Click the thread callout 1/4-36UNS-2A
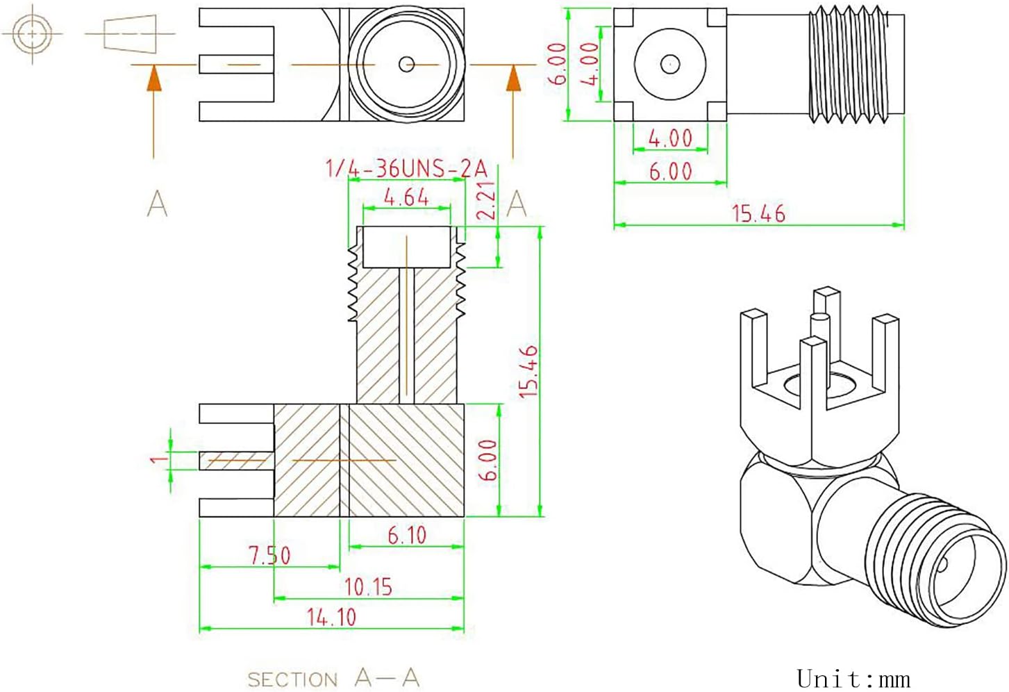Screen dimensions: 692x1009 tap(406, 169)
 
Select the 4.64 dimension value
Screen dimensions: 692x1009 tap(406, 197)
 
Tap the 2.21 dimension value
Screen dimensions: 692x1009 tap(487, 201)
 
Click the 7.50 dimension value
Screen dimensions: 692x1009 tap(269, 555)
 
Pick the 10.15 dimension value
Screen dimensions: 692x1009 tap(368, 587)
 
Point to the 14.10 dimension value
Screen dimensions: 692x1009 tap(331, 617)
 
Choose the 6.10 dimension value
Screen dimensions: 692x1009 tap(407, 536)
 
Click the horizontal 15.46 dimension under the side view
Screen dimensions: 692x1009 tap(758, 213)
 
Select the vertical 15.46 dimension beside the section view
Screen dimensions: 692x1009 tap(529, 371)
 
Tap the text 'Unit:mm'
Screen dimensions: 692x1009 tap(853, 678)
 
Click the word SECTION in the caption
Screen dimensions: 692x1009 tap(292, 679)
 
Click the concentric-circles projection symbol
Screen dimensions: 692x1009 tap(32, 33)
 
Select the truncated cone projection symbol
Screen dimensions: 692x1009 tap(130, 33)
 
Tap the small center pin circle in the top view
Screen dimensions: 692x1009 tap(406, 65)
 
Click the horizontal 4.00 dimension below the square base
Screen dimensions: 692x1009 tap(670, 138)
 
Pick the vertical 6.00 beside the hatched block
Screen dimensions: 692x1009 tap(488, 460)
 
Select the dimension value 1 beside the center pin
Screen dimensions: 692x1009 tap(160, 459)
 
